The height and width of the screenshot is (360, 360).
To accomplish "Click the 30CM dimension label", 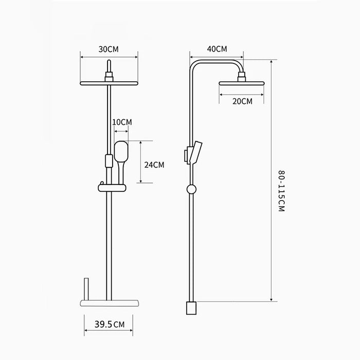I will point(109,49).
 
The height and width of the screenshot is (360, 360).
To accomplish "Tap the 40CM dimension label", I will point(217,49).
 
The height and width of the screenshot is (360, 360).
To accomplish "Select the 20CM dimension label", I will point(242,101).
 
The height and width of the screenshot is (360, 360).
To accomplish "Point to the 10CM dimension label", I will point(122,122).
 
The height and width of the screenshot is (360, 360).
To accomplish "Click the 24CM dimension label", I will point(154,165).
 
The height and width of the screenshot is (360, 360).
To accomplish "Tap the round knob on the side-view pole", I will point(191,189).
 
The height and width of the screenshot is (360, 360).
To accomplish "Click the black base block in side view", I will point(191,308).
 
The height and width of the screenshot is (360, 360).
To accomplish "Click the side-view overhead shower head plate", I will point(242,83).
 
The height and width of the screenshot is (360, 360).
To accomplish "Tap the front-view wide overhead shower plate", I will point(109,83).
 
